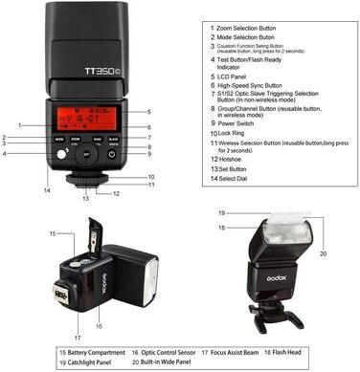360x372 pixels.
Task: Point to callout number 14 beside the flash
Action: pyautogui.click(x=45, y=189)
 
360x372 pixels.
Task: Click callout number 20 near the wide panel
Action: pyautogui.click(x=322, y=253)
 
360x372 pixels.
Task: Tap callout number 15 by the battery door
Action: pyautogui.click(x=53, y=233)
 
